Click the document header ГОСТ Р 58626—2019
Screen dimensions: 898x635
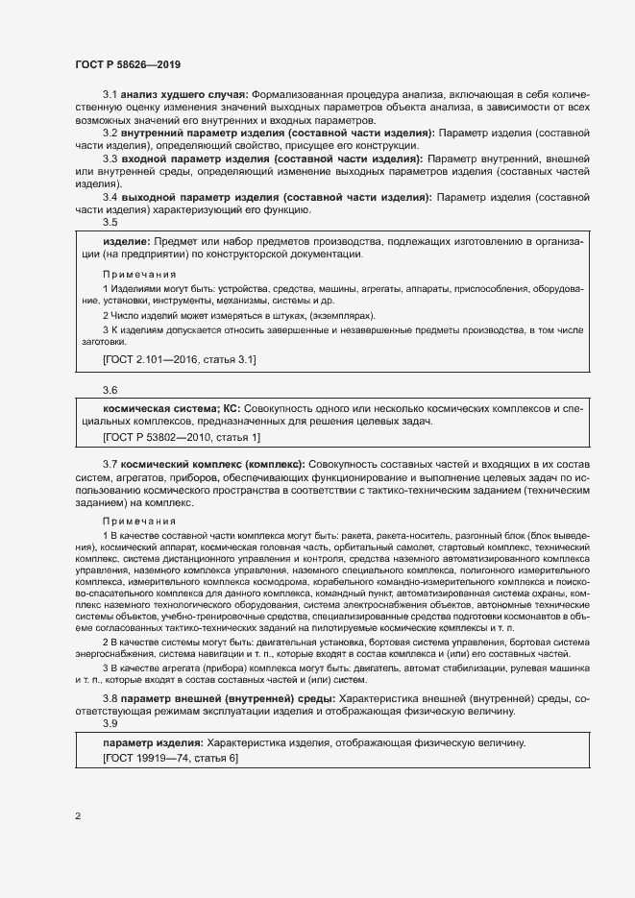[127, 63]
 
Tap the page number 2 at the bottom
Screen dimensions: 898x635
[78, 816]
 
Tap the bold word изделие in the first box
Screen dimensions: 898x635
[125, 240]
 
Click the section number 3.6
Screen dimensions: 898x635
[110, 390]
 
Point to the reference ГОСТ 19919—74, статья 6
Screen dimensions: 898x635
[170, 758]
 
